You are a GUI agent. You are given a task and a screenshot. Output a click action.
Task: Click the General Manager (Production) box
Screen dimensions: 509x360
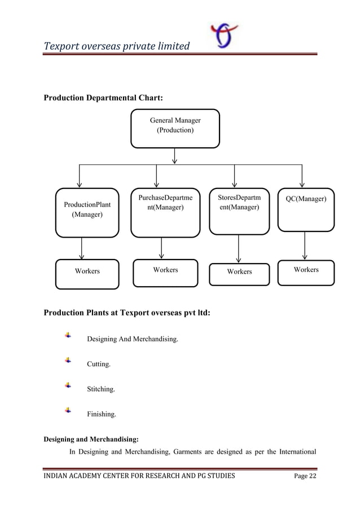click(175, 128)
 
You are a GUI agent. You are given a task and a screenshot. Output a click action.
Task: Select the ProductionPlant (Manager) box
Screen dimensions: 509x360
click(87, 212)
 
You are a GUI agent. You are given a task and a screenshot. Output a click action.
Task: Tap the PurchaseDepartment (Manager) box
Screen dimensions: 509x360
click(165, 212)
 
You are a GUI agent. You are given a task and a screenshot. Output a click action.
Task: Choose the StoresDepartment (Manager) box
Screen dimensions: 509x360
click(239, 209)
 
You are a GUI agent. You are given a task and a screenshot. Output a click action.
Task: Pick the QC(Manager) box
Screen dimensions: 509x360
click(306, 209)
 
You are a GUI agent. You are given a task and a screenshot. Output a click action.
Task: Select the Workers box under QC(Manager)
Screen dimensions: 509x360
click(306, 271)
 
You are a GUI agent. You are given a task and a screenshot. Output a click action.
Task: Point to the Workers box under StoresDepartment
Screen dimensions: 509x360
click(239, 273)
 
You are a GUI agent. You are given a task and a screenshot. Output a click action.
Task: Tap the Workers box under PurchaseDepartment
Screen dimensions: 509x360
click(165, 272)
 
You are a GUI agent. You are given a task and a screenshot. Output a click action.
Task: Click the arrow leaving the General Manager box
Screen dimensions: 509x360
click(175, 156)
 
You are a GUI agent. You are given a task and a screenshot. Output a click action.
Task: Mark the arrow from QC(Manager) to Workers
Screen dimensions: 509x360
click(305, 245)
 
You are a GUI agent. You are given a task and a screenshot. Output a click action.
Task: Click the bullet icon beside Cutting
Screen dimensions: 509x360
click(68, 360)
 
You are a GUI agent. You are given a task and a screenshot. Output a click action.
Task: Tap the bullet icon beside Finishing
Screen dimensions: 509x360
click(68, 410)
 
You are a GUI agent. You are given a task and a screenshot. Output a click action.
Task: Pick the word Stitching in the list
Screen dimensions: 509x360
click(100, 389)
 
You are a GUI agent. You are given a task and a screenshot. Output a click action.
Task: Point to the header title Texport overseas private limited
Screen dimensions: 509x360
click(117, 45)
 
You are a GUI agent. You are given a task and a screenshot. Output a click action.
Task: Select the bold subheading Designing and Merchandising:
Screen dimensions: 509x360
click(91, 438)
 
